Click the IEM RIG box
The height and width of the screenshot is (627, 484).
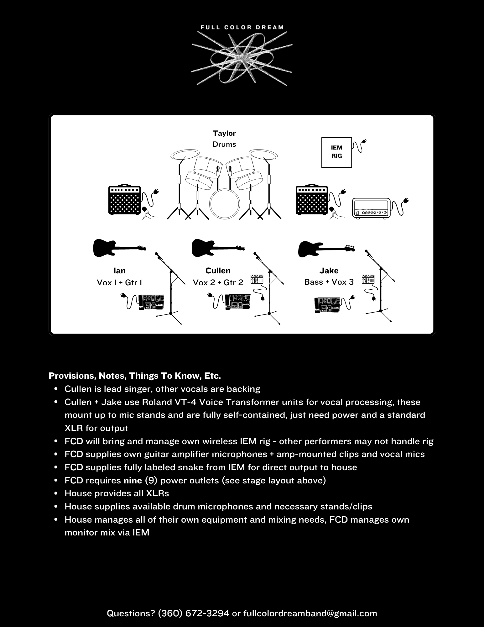pos(336,152)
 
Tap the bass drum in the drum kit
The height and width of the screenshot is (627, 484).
pos(224,203)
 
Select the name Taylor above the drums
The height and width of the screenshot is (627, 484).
pos(224,133)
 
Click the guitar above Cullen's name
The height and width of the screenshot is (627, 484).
pos(218,248)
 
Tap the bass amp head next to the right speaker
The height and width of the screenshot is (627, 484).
pos(372,208)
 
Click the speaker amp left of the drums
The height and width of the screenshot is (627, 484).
pos(124,200)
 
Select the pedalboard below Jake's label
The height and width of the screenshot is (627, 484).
pos(327,305)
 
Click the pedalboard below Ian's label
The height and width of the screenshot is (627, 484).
pos(151,302)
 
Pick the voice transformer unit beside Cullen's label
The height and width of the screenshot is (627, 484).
pos(257,279)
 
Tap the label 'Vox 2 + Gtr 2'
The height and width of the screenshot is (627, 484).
pos(218,282)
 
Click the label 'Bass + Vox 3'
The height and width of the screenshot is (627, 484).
pos(329,282)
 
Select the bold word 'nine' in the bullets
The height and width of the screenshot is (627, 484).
pos(133,480)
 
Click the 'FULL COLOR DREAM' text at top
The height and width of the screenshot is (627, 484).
pos(242,27)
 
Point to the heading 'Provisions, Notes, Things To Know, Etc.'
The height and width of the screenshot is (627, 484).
pos(135,376)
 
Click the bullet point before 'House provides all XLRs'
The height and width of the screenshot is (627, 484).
pos(56,493)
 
